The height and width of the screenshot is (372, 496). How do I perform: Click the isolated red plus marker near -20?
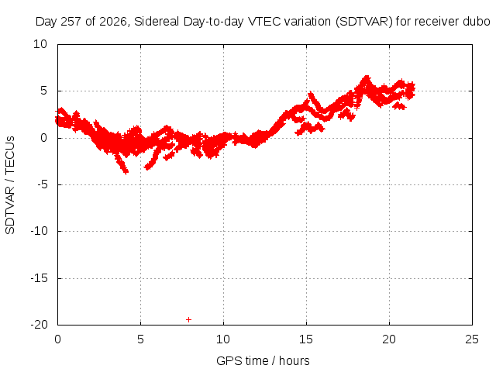(x=188, y=320)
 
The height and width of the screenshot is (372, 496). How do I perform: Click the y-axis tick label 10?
(x=40, y=44)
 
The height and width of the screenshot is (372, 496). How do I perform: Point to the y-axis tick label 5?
(x=43, y=91)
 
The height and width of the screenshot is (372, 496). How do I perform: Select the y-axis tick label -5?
(x=42, y=184)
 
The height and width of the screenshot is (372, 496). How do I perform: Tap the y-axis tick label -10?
(x=39, y=231)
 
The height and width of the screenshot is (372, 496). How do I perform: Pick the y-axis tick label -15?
(x=39, y=278)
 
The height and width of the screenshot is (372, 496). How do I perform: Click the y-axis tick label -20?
(x=39, y=325)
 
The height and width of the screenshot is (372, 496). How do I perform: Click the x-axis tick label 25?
(x=472, y=339)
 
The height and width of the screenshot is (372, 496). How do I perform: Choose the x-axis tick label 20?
(x=389, y=339)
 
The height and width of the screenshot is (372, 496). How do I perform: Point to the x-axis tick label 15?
(x=306, y=339)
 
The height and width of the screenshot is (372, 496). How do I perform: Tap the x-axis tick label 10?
(x=223, y=339)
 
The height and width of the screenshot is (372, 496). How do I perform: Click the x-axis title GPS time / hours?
(x=263, y=360)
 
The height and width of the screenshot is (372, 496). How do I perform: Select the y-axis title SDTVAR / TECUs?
(x=10, y=185)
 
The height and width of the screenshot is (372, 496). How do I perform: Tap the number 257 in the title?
(x=71, y=22)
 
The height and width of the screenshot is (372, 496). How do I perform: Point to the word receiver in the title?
(x=437, y=22)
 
